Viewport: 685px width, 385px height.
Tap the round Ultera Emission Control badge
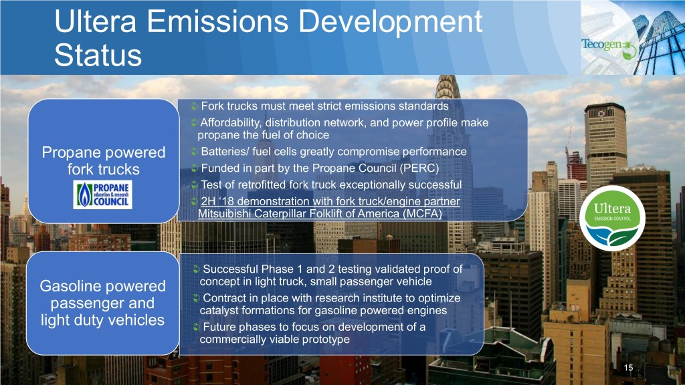click(612, 218)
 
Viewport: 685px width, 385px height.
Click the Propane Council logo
click(102, 195)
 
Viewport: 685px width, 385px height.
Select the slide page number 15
click(628, 368)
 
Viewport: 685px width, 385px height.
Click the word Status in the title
click(98, 55)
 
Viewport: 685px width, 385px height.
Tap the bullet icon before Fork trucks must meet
click(195, 106)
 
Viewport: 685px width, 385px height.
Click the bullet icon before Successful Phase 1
click(197, 269)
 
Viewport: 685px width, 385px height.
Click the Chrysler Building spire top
click(447, 77)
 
